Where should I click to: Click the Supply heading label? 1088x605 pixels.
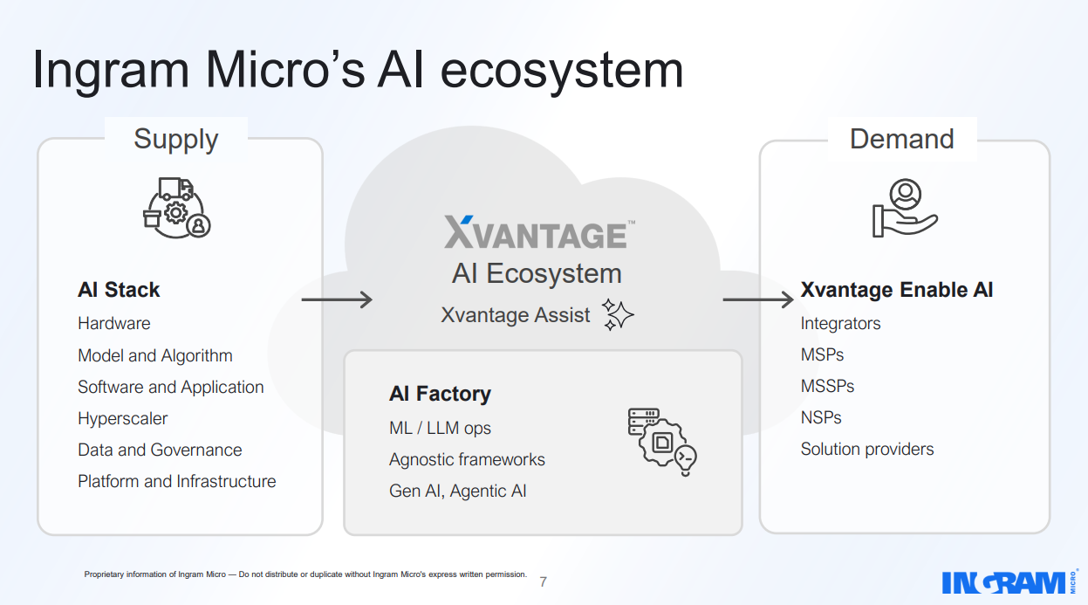[175, 140]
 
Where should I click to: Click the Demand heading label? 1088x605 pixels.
[901, 139]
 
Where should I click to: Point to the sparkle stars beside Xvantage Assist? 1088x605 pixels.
[619, 314]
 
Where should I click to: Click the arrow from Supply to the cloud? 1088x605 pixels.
[337, 300]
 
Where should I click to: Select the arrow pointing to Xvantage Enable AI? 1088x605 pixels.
[757, 300]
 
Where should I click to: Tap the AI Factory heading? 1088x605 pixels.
[440, 394]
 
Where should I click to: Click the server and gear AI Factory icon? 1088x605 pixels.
[661, 442]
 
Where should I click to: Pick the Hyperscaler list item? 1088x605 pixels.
[122, 418]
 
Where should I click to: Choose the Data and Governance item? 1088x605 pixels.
[160, 450]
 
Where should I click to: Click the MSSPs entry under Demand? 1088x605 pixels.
[827, 386]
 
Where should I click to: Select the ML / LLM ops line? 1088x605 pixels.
[440, 428]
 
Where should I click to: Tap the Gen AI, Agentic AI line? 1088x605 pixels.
[457, 491]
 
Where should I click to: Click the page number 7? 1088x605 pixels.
[544, 581]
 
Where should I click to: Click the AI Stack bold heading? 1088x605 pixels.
[119, 290]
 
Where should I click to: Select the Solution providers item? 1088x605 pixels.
[866, 449]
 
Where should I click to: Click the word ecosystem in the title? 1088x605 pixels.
[563, 70]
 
